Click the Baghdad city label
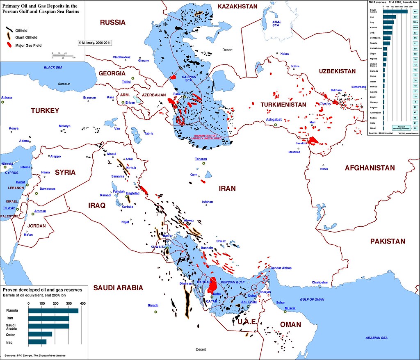point(133,193)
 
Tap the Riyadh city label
point(153,305)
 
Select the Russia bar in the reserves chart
point(53,310)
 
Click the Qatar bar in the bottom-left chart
point(40,334)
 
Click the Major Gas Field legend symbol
point(9,46)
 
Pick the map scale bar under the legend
point(63,55)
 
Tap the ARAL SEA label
point(276,24)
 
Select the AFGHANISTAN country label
point(370,168)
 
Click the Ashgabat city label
point(274,119)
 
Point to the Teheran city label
point(201,159)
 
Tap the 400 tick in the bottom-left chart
point(83,303)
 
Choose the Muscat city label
point(290,308)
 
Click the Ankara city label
point(7,98)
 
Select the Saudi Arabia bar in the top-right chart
point(395,11)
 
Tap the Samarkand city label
point(358,87)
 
